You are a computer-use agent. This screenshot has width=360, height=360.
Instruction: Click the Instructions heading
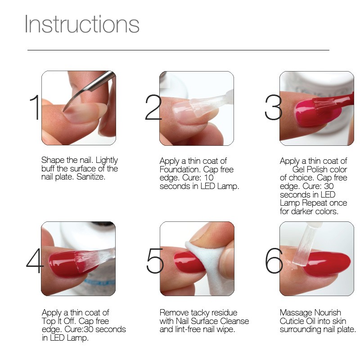[x=82, y=24]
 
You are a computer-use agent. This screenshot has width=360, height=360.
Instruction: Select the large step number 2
[x=153, y=107]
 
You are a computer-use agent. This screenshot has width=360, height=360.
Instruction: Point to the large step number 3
[x=273, y=107]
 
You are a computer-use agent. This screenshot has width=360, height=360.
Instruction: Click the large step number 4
[x=35, y=261]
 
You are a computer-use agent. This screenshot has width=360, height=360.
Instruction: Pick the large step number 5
[x=155, y=261]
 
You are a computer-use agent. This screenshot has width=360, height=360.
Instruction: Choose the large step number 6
[x=274, y=261]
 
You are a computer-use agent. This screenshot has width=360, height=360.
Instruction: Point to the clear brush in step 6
[x=303, y=246]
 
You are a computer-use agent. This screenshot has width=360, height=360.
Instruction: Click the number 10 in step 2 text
[x=209, y=178]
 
